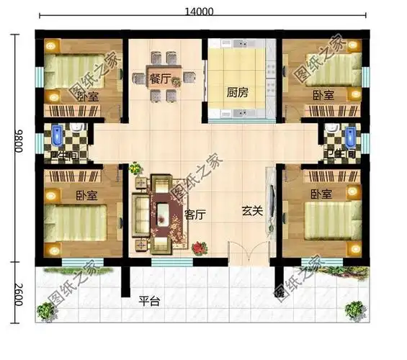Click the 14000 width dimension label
200,11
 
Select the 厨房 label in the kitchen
238,93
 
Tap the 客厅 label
195,214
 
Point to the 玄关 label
251,212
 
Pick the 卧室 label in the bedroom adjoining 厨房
323,95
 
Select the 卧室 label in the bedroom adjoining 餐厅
88,96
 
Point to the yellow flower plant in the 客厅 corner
134,168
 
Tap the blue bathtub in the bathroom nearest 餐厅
57,135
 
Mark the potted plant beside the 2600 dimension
46,311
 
